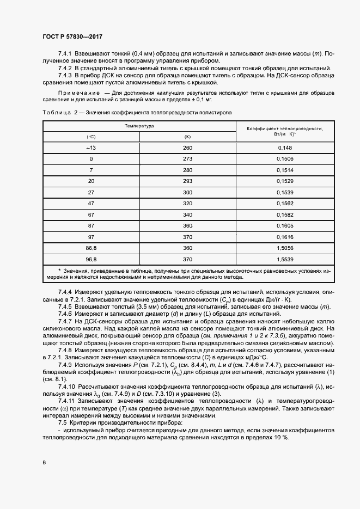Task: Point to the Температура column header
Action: [x=138, y=126]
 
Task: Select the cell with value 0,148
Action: [x=285, y=148]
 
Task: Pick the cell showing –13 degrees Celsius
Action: [x=91, y=148]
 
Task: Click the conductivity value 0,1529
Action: [x=285, y=180]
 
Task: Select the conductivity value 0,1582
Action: [x=285, y=214]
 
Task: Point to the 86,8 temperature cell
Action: [x=91, y=248]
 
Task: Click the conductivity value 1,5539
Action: [x=285, y=259]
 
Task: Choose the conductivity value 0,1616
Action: [x=285, y=237]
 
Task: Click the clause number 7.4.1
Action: [x=65, y=53]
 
